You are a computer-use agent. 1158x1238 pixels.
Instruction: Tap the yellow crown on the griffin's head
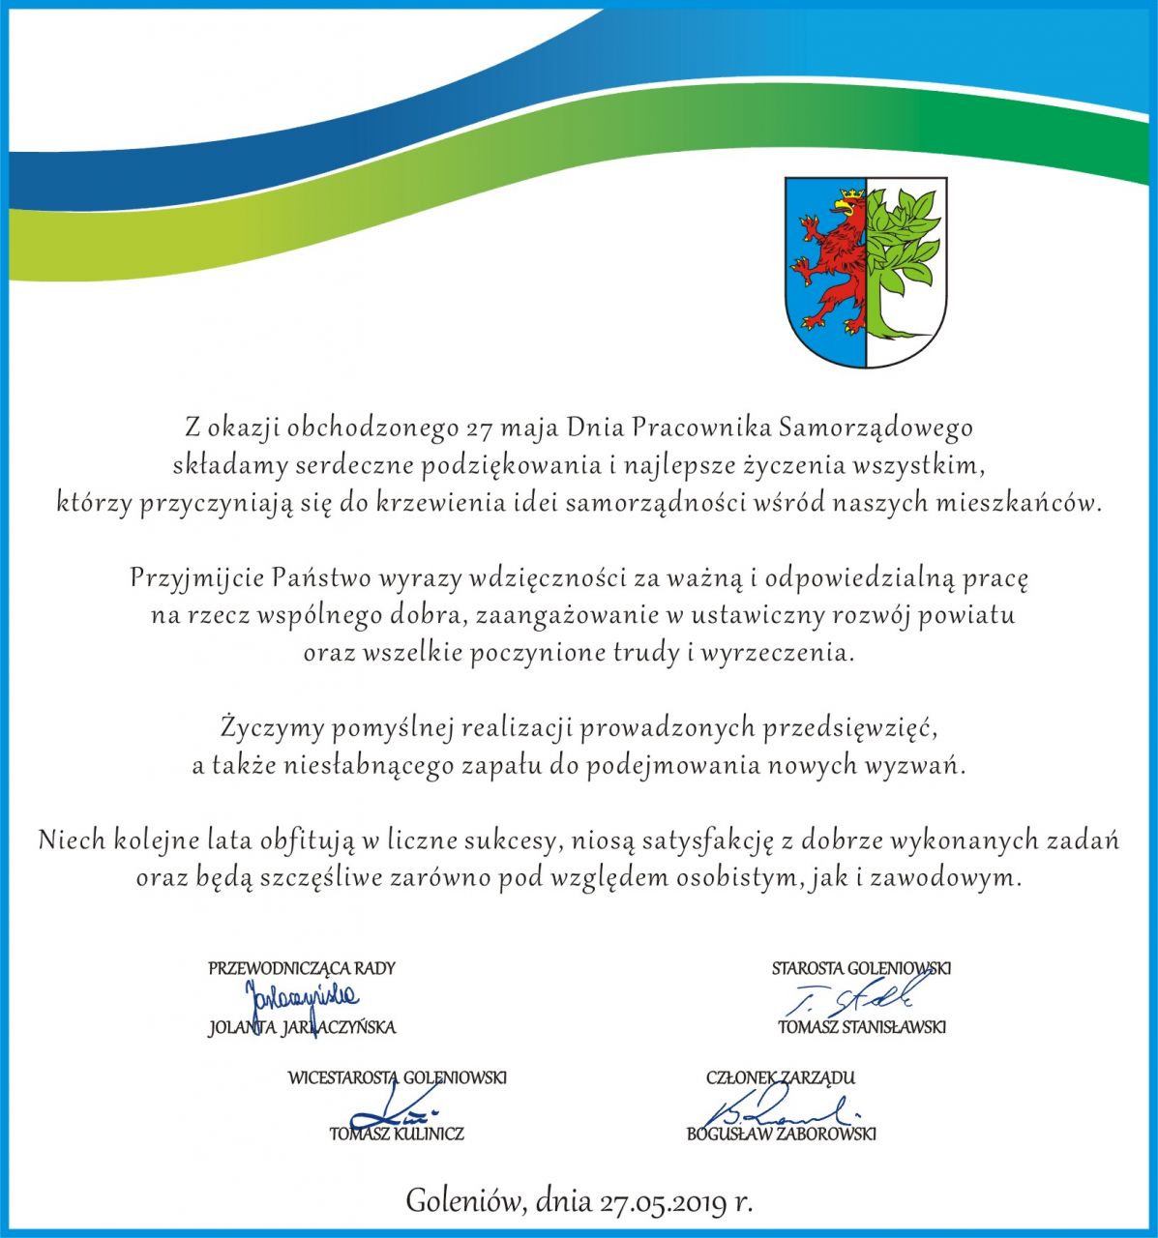coord(848,194)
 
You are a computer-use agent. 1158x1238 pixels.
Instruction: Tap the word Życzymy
coord(264,725)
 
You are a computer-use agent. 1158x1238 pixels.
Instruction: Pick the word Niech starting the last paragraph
coord(72,840)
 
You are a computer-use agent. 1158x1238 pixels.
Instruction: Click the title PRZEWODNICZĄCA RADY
coord(302,967)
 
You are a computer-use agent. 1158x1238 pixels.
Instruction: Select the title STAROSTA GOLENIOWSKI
coord(861,967)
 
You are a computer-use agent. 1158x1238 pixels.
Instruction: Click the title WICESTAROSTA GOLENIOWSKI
coord(397,1076)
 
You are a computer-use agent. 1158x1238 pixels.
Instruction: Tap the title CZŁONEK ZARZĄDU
coord(781,1076)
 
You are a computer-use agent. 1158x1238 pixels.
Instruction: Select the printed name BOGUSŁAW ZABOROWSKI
coord(782,1134)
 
